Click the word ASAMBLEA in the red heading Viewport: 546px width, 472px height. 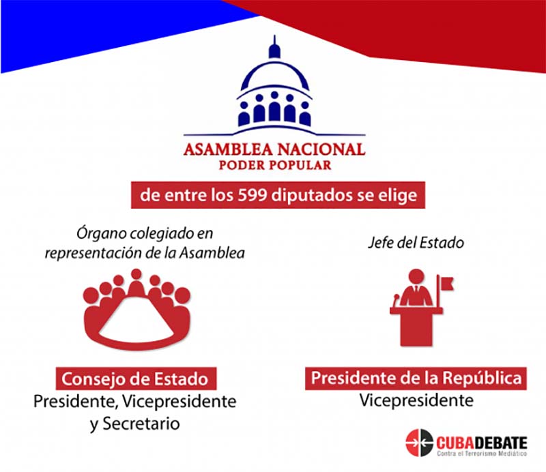(228, 149)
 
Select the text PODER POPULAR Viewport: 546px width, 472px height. (275, 165)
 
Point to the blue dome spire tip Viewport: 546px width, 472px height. (274, 36)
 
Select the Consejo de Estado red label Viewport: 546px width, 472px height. (136, 379)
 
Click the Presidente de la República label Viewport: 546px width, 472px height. (416, 379)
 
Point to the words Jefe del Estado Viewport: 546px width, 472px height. (416, 243)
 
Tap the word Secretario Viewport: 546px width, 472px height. (141, 424)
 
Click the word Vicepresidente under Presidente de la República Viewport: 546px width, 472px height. (416, 400)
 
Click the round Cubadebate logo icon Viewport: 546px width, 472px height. (419, 443)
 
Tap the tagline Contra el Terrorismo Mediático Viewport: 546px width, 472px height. (482, 454)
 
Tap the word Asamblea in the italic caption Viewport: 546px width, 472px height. (212, 253)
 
